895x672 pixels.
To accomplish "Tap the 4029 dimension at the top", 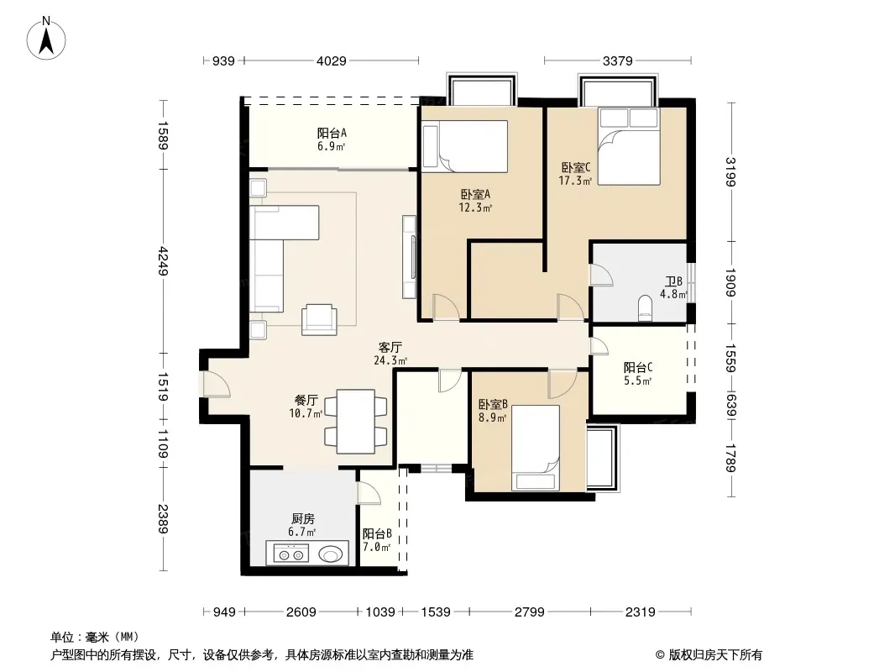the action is coord(332,60).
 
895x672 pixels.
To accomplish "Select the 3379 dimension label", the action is coord(618,60).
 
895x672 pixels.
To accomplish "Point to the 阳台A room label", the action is coord(332,133).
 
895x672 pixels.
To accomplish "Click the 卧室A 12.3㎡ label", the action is coord(475,201).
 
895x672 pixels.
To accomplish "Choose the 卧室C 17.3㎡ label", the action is coord(575,174).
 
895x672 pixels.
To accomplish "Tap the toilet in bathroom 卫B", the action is coord(645,307).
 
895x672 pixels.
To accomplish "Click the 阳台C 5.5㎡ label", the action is coord(638,374).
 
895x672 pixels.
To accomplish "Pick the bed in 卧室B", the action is coord(536,448).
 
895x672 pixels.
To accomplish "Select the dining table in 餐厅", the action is coord(356,422).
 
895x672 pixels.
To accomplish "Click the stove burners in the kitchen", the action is coord(291,554).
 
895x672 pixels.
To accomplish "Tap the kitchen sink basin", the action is coord(331,554).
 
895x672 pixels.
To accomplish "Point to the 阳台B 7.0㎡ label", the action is coord(377,540).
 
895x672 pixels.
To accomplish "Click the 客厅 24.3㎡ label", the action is coord(390,354).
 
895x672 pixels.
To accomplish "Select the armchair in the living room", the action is coord(319,319).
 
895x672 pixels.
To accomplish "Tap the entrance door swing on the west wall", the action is coord(217,384).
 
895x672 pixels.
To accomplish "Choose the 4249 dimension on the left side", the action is coord(163,260).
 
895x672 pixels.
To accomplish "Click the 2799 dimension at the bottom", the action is coord(530,612).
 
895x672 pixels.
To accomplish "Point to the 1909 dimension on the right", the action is coord(730,282).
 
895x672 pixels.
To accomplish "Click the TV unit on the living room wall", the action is coord(409,256).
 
